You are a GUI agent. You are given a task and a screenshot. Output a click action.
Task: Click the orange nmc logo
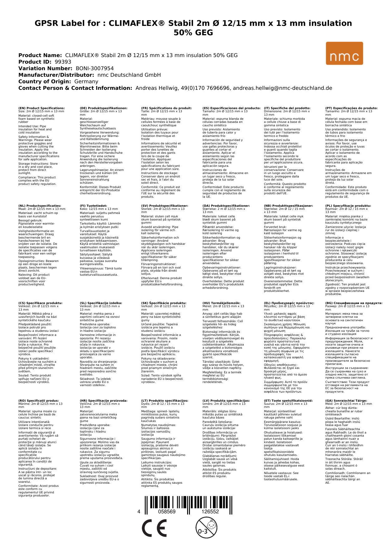[x=344, y=53]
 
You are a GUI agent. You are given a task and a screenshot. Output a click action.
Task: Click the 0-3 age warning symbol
[x=206, y=528]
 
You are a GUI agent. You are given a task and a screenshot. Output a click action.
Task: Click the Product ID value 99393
[x=63, y=62]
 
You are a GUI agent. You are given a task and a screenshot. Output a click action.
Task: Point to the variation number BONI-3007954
[x=94, y=68]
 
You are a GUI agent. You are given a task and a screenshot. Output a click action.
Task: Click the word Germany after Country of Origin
[x=86, y=81]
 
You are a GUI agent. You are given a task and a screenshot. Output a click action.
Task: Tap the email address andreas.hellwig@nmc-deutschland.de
[x=283, y=88]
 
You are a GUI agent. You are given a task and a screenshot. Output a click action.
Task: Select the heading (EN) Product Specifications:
[x=41, y=108]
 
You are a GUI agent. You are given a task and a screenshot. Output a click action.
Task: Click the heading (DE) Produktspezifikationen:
[x=104, y=108]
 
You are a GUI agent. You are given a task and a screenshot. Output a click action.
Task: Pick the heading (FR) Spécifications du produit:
[x=166, y=108]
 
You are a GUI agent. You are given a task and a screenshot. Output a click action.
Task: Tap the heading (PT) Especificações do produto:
[x=351, y=108]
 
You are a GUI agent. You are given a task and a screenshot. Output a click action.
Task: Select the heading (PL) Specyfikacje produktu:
[x=348, y=206]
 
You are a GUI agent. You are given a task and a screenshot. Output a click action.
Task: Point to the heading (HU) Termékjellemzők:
[x=221, y=303]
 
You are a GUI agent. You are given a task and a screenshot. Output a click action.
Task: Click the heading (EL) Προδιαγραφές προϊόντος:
[x=289, y=303]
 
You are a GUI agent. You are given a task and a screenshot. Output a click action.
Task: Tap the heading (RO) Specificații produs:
[x=38, y=401]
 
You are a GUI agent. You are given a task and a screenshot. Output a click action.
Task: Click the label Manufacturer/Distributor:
[x=56, y=75]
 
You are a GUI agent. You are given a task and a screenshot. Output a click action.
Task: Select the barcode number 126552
[x=210, y=512]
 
